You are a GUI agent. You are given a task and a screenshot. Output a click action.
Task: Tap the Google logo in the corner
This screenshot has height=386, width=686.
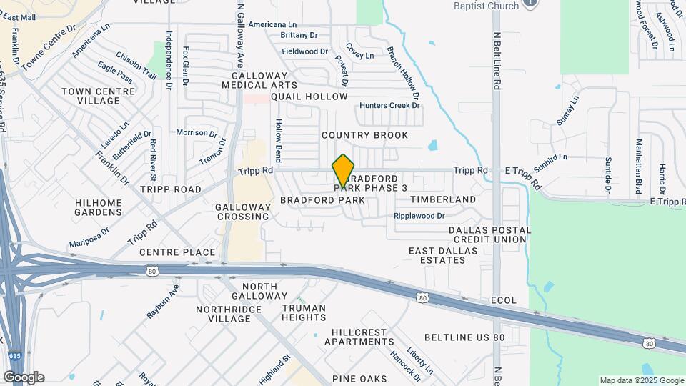coord(23,377)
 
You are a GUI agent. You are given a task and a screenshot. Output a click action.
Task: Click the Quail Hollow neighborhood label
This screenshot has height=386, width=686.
coord(309,96)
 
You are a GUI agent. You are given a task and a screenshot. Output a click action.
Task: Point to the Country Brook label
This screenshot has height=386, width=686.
coord(364,135)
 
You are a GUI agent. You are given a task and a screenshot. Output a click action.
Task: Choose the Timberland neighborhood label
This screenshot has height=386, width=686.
coord(443,199)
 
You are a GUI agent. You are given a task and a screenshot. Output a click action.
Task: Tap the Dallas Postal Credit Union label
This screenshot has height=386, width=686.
coord(489,236)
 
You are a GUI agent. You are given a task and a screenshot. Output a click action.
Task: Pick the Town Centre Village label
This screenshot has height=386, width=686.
coord(98,96)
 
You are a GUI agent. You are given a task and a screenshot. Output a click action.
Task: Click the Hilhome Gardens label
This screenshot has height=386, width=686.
coord(99,207)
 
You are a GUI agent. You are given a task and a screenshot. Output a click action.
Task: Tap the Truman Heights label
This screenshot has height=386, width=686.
coord(303,313)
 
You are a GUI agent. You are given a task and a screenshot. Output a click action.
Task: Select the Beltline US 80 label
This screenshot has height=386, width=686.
coord(464,337)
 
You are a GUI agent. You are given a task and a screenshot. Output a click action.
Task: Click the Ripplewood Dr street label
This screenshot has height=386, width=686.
coord(419,216)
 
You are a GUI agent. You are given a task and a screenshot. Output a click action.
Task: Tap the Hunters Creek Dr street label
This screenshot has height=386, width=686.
coord(390,105)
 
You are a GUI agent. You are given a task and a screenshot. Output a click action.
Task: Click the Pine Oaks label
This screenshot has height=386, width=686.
coord(359,378)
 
